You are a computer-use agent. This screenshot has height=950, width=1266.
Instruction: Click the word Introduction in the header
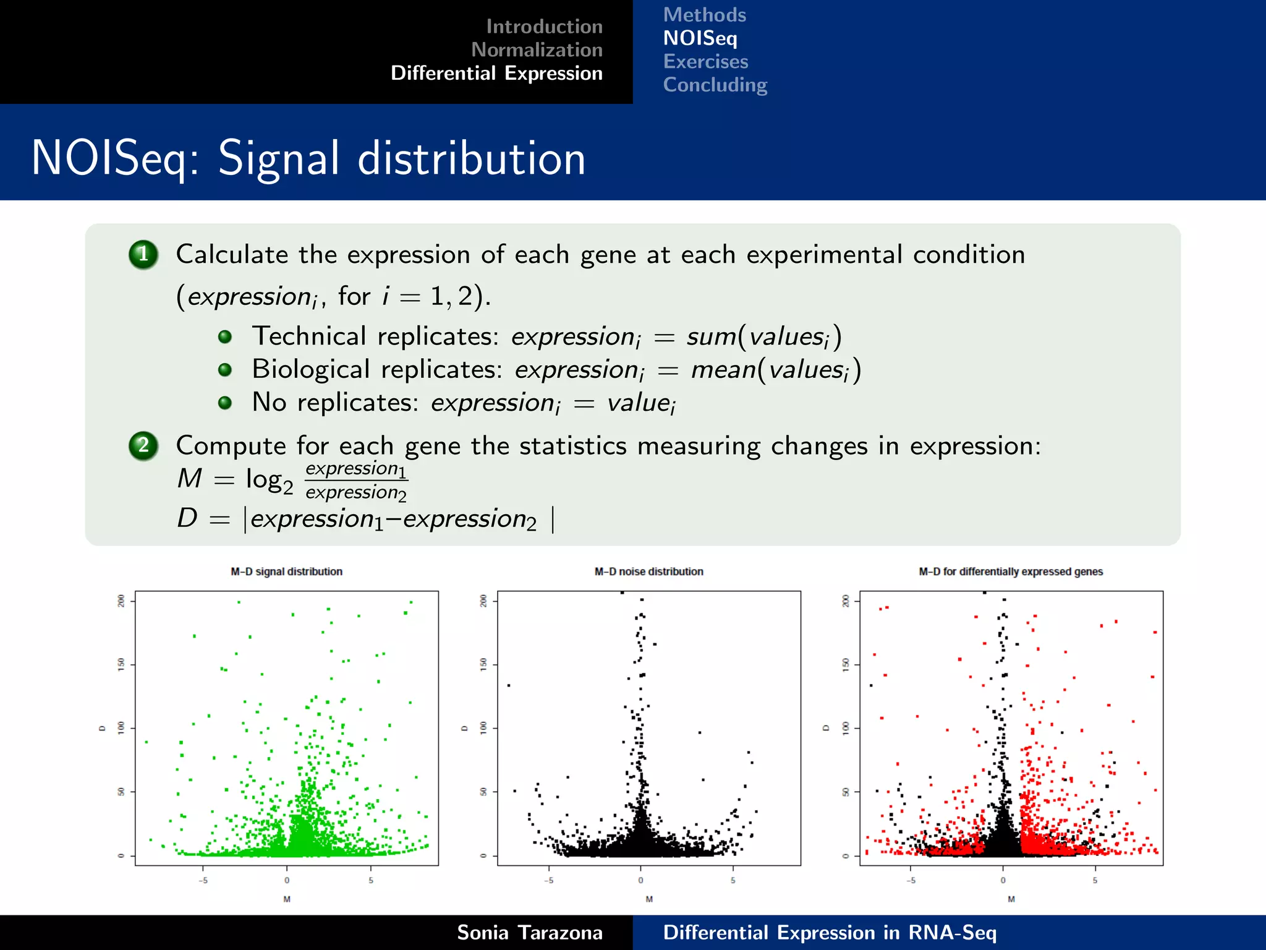(x=544, y=27)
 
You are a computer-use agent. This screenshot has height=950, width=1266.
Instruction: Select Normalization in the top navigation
(x=537, y=50)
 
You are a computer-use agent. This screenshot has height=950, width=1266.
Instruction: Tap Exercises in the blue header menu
(x=705, y=62)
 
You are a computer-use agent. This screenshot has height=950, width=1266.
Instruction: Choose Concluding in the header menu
(x=715, y=85)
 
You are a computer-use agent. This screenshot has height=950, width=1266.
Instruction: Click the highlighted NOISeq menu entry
(x=700, y=38)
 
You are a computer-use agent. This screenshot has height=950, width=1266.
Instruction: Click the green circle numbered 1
(x=143, y=254)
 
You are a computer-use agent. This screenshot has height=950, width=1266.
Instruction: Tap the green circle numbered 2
(x=143, y=445)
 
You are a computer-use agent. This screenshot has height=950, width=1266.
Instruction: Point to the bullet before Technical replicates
(x=225, y=336)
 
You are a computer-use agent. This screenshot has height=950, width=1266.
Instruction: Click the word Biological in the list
(x=310, y=370)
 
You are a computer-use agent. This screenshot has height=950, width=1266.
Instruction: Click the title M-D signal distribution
(x=286, y=571)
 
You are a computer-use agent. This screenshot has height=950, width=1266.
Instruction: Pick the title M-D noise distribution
(x=648, y=571)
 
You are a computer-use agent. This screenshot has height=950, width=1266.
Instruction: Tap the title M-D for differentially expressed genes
(x=1011, y=571)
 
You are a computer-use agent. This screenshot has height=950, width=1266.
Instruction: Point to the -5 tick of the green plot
(x=203, y=880)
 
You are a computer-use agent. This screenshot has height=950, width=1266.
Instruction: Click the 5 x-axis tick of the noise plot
(x=733, y=880)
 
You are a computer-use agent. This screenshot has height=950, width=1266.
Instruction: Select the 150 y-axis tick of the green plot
(x=121, y=664)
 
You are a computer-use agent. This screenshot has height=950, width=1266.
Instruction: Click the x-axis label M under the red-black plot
(x=1011, y=899)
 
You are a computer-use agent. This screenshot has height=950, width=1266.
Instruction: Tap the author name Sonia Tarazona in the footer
(x=529, y=933)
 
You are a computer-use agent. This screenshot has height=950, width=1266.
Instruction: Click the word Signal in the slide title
(x=279, y=159)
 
